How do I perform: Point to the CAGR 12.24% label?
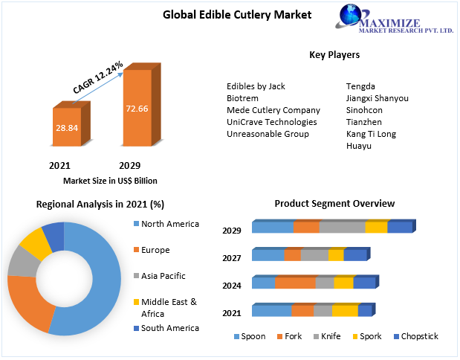pyautogui.click(x=98, y=77)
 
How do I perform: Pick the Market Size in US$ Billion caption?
pyautogui.click(x=110, y=181)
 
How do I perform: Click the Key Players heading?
pyautogui.click(x=334, y=55)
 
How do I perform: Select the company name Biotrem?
pyautogui.click(x=243, y=98)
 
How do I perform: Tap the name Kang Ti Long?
pyautogui.click(x=371, y=134)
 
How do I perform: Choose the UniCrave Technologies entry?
pyautogui.click(x=272, y=122)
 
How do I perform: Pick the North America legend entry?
pyautogui.click(x=169, y=224)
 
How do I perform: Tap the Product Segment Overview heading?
pyautogui.click(x=334, y=204)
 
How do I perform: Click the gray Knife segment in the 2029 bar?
pyautogui.click(x=342, y=228)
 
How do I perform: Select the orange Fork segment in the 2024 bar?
pyautogui.click(x=295, y=283)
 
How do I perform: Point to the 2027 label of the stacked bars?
pyautogui.click(x=231, y=258)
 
